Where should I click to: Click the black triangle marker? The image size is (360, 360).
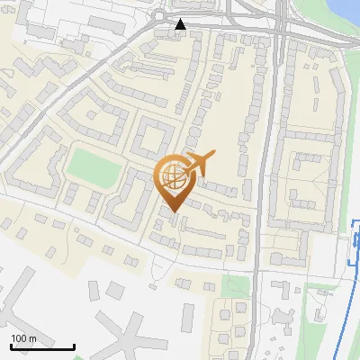(181, 24)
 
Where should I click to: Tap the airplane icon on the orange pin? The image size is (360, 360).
(199, 164)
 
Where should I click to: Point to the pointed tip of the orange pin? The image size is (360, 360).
(174, 211)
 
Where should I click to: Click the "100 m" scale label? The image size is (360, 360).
(24, 338)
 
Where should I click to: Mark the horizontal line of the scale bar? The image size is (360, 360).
(42, 346)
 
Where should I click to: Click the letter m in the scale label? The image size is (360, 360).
(32, 338)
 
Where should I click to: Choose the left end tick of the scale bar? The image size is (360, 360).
(11, 345)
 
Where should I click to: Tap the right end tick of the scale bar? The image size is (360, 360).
(74, 345)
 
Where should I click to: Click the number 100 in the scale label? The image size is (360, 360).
(20, 338)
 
